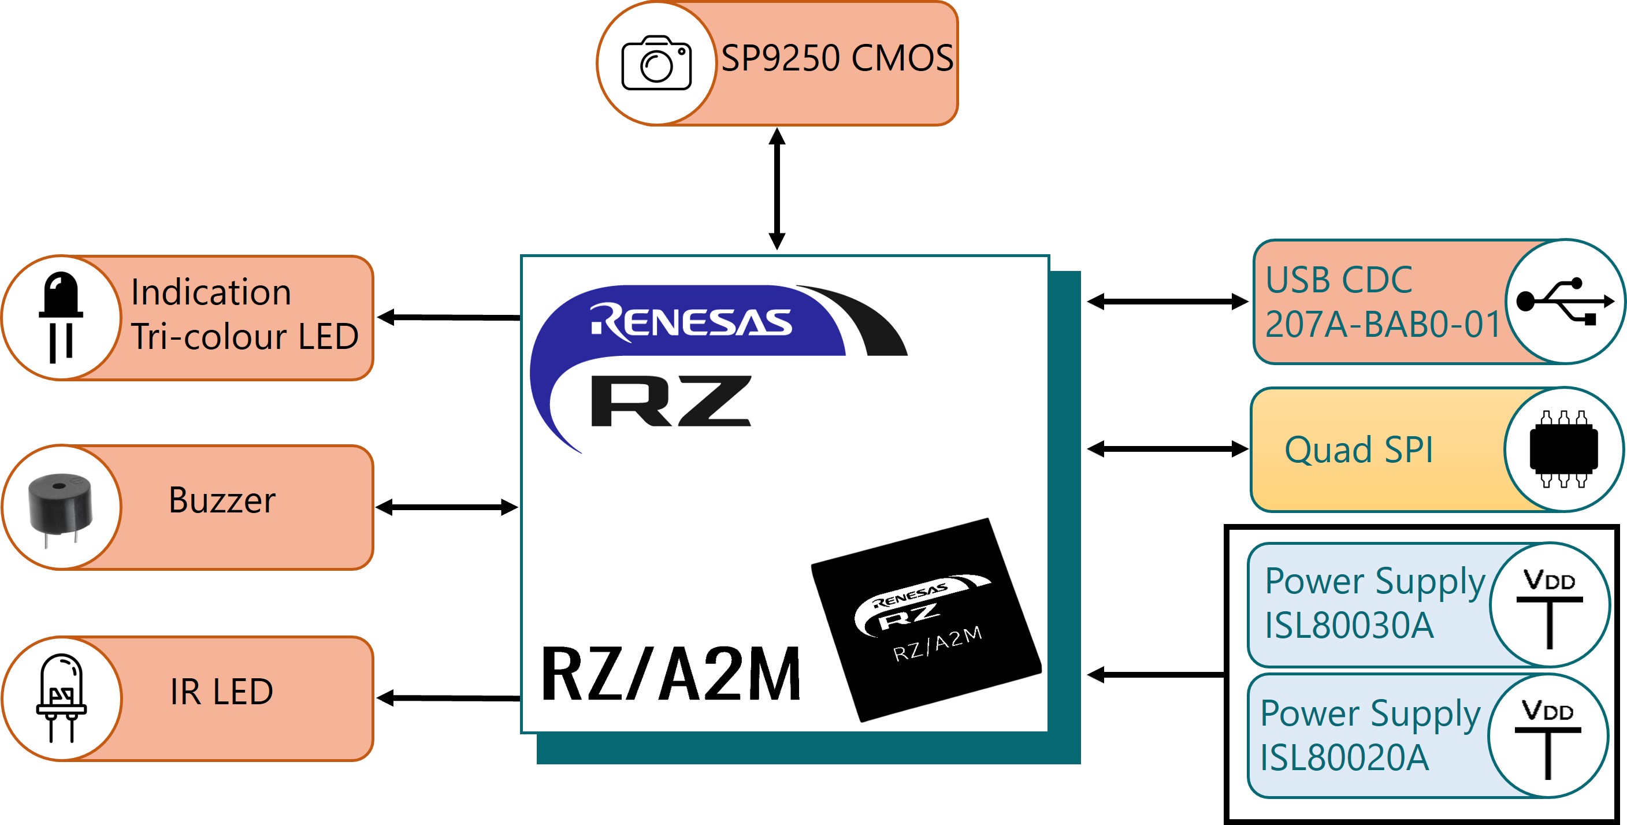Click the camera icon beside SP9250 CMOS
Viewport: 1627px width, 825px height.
(x=656, y=62)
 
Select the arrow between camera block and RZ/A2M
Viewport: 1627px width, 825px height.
(x=777, y=189)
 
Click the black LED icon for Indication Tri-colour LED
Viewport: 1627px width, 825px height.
(x=61, y=317)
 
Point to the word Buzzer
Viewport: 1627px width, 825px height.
(x=222, y=500)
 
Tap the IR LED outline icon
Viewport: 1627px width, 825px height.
(x=61, y=698)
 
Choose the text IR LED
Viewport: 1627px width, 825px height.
(x=222, y=692)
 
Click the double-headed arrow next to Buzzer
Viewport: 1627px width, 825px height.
(x=447, y=507)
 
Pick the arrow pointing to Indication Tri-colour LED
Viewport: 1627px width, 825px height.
(x=449, y=317)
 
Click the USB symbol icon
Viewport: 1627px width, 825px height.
(x=1565, y=302)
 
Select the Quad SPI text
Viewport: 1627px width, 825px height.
(x=1358, y=450)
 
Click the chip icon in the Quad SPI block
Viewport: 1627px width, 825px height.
(x=1564, y=449)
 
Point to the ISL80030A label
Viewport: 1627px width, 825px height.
(x=1349, y=625)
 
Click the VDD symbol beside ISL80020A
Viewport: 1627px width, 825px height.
(x=1548, y=738)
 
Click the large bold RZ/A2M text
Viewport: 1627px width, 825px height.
(x=671, y=674)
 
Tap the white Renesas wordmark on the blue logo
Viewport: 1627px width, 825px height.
(x=691, y=322)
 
